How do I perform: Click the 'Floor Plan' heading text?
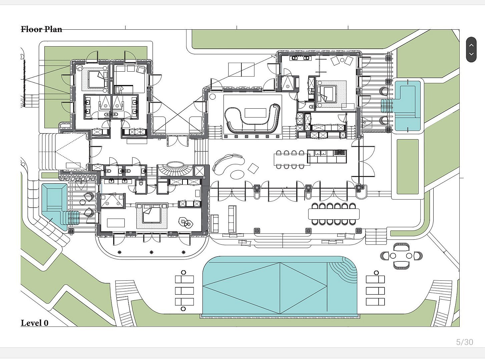click(x=41, y=29)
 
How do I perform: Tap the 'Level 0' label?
click(x=35, y=323)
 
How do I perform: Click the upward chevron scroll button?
click(x=471, y=45)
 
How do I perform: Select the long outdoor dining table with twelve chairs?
click(x=334, y=214)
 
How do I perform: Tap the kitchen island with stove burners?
click(x=327, y=156)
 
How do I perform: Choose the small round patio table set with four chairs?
click(x=401, y=256)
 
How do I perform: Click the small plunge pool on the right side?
click(x=407, y=105)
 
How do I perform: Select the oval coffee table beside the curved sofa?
click(x=237, y=174)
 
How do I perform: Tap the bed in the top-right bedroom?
click(x=327, y=94)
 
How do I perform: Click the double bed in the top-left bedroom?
click(x=98, y=79)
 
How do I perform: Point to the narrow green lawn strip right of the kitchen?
click(x=408, y=167)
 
